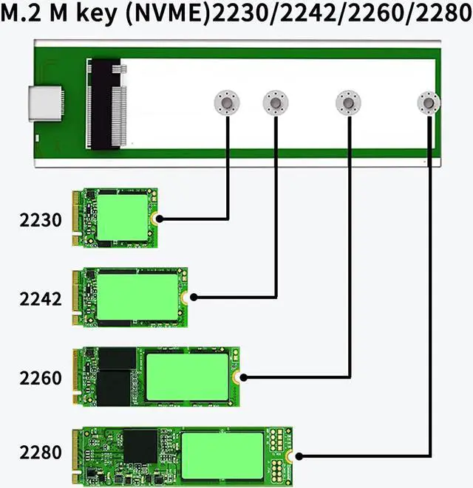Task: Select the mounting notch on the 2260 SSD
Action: [x=238, y=377]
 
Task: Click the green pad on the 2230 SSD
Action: [x=123, y=219]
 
